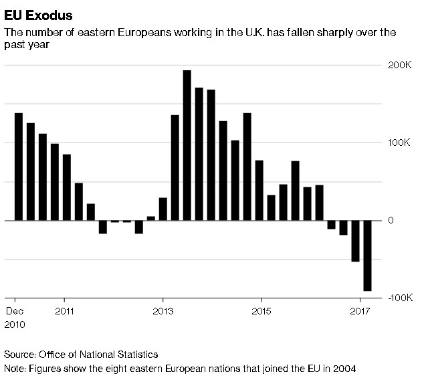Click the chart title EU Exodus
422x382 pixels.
click(39, 15)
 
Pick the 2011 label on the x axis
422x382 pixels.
click(64, 310)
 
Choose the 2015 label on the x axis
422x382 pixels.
click(261, 310)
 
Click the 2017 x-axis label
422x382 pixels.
click(360, 310)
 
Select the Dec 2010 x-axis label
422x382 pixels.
click(16, 317)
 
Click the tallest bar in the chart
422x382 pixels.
click(187, 145)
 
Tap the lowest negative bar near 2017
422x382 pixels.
click(367, 256)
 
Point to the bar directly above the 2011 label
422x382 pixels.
click(66, 187)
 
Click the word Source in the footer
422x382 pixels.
click(19, 354)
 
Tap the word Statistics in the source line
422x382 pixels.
click(136, 354)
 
